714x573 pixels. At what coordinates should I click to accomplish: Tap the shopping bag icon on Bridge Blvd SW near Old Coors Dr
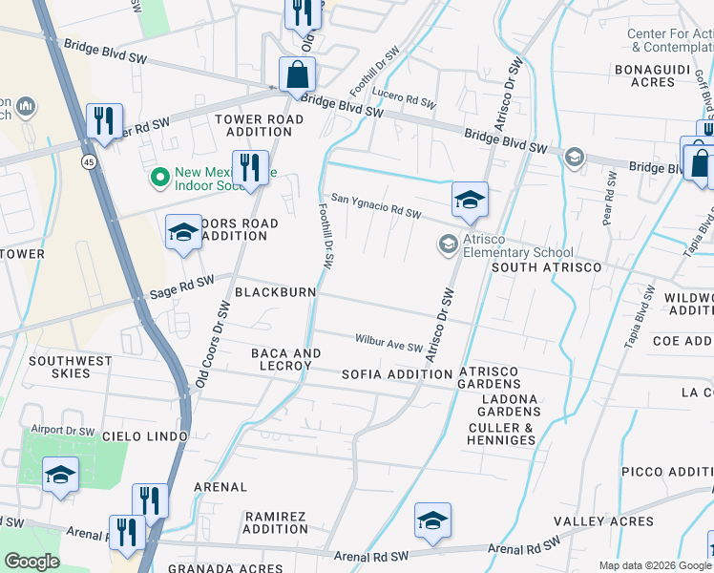click(298, 74)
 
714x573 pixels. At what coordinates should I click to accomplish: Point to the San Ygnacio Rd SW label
click(376, 206)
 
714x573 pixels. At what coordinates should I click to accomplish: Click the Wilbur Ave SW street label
click(388, 341)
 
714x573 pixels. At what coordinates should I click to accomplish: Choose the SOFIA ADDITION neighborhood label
click(396, 374)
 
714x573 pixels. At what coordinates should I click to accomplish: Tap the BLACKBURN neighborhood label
click(275, 291)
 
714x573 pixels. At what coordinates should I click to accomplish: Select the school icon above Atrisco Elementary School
click(470, 200)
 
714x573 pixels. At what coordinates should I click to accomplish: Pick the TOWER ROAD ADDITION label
click(259, 125)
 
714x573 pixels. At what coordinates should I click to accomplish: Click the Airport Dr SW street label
click(63, 431)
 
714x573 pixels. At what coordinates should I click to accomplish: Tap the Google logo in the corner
click(31, 562)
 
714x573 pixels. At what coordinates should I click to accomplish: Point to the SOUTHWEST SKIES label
click(70, 367)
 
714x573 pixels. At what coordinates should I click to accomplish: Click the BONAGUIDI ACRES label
click(658, 75)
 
